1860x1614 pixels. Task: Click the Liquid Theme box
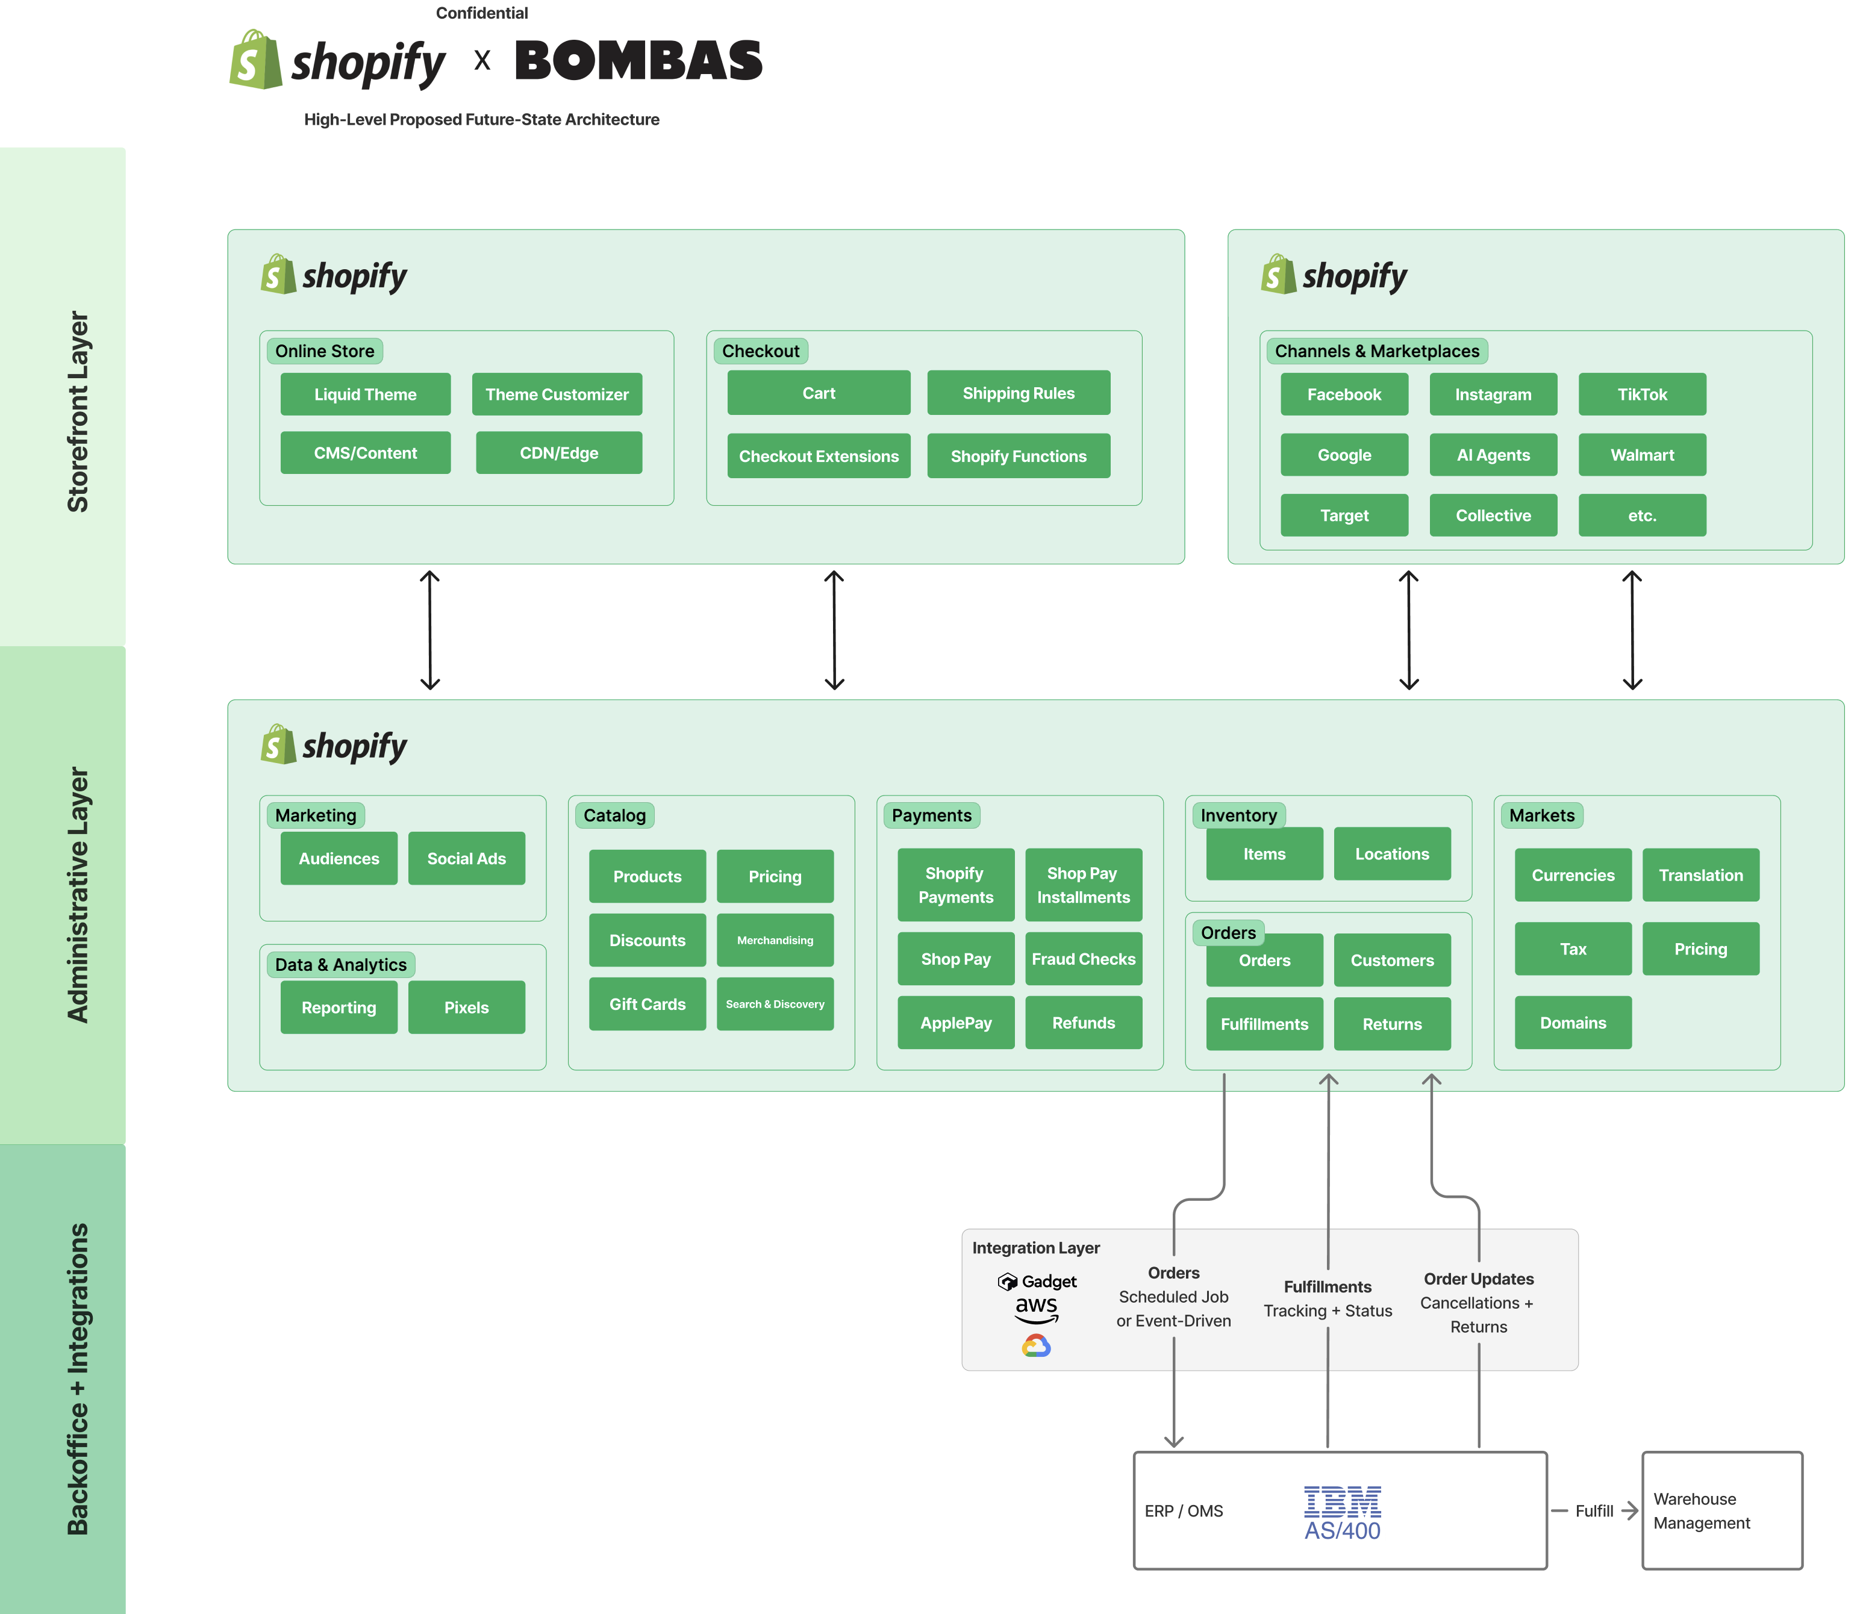[365, 394]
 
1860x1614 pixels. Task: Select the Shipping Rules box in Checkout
[1018, 393]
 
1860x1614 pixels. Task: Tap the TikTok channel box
[1641, 394]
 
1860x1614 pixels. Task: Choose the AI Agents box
[1493, 455]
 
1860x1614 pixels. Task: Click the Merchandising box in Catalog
[775, 940]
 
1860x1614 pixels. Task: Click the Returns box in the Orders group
[1391, 1024]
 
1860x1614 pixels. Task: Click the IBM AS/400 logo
[1342, 1513]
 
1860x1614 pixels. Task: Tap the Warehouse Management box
[1721, 1510]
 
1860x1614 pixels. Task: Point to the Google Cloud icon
[1036, 1345]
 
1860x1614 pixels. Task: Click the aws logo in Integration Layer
[1036, 1309]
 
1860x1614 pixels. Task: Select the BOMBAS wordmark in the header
[638, 61]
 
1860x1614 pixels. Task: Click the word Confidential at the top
[482, 13]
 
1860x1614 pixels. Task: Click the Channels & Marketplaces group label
[1376, 351]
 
